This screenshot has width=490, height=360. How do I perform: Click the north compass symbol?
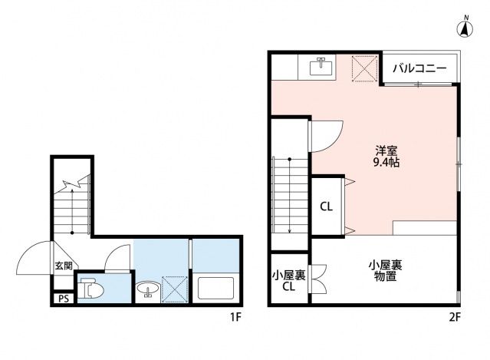pos(464,28)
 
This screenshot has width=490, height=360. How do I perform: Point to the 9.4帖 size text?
pos(386,163)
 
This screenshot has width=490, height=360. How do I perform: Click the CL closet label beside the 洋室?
pos(326,206)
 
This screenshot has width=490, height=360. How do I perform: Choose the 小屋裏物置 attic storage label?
pos(385,270)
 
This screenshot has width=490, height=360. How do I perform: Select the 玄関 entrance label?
pos(63,266)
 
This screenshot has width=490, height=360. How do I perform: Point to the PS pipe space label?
pos(63,299)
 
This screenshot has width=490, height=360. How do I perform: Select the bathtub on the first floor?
pos(215,289)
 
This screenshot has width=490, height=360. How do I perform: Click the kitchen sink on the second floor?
pos(322,68)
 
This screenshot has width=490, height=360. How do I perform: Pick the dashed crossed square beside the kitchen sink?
pos(364,68)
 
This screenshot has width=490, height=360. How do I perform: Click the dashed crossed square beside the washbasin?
pos(175,290)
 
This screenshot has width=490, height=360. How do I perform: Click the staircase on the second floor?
pos(289,195)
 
